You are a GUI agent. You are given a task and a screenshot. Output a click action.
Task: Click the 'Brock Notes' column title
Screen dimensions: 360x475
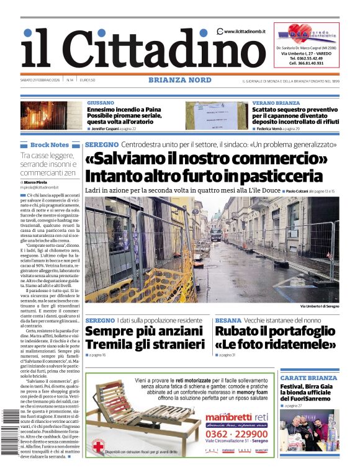pyautogui.click(x=50, y=144)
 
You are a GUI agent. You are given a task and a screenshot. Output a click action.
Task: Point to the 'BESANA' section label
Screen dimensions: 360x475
pyautogui.click(x=228, y=320)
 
